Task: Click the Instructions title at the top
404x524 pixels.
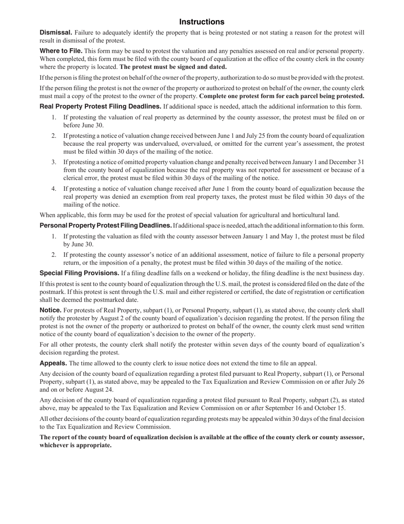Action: click(202, 22)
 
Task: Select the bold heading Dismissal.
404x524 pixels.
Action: click(56, 33)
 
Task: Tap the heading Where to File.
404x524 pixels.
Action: click(61, 51)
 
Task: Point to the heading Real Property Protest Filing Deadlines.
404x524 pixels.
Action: click(100, 107)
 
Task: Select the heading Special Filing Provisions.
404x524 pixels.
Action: click(80, 273)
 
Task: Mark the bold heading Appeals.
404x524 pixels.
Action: click(53, 363)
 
